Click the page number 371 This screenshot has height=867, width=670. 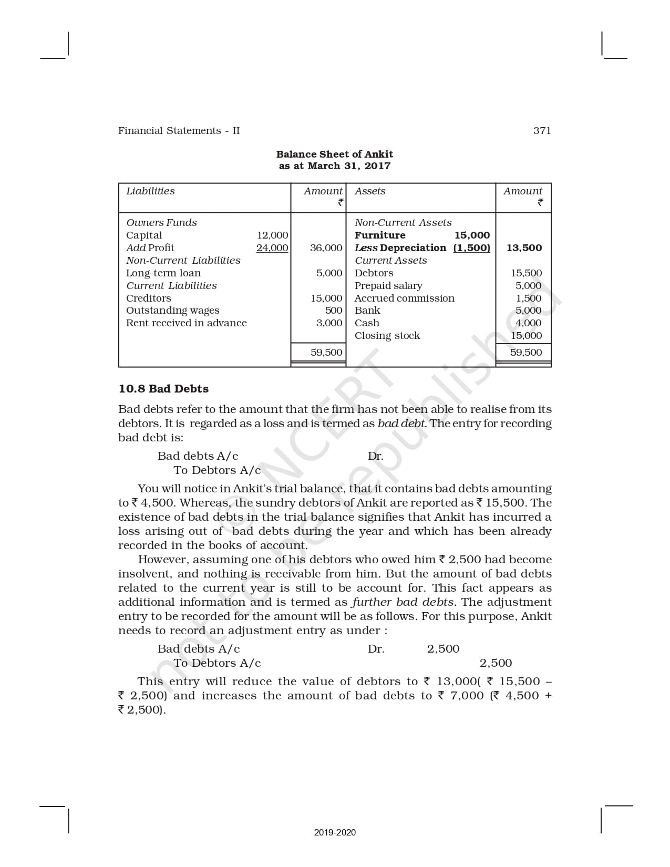point(542,131)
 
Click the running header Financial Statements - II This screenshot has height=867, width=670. point(179,131)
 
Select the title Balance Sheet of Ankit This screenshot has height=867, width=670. point(334,154)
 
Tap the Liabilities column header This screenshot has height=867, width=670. point(150,191)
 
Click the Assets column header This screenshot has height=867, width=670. point(370,191)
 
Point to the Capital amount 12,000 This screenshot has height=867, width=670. point(272,235)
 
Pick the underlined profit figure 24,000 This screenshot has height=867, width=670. point(272,248)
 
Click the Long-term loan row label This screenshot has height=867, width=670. point(163,273)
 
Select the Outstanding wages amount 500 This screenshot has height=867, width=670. point(334,311)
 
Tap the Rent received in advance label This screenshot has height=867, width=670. point(186,323)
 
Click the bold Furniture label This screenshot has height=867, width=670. point(380,235)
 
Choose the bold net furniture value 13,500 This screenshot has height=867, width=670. point(524,248)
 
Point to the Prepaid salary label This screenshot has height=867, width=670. point(388,286)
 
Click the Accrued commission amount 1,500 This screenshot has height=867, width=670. point(529,298)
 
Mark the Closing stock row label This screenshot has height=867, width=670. point(387,336)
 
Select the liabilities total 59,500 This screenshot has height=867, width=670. point(326,353)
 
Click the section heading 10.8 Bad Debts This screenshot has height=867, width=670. point(163,389)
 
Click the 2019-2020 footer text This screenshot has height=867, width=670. point(335,832)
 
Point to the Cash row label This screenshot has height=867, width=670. point(367,323)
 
